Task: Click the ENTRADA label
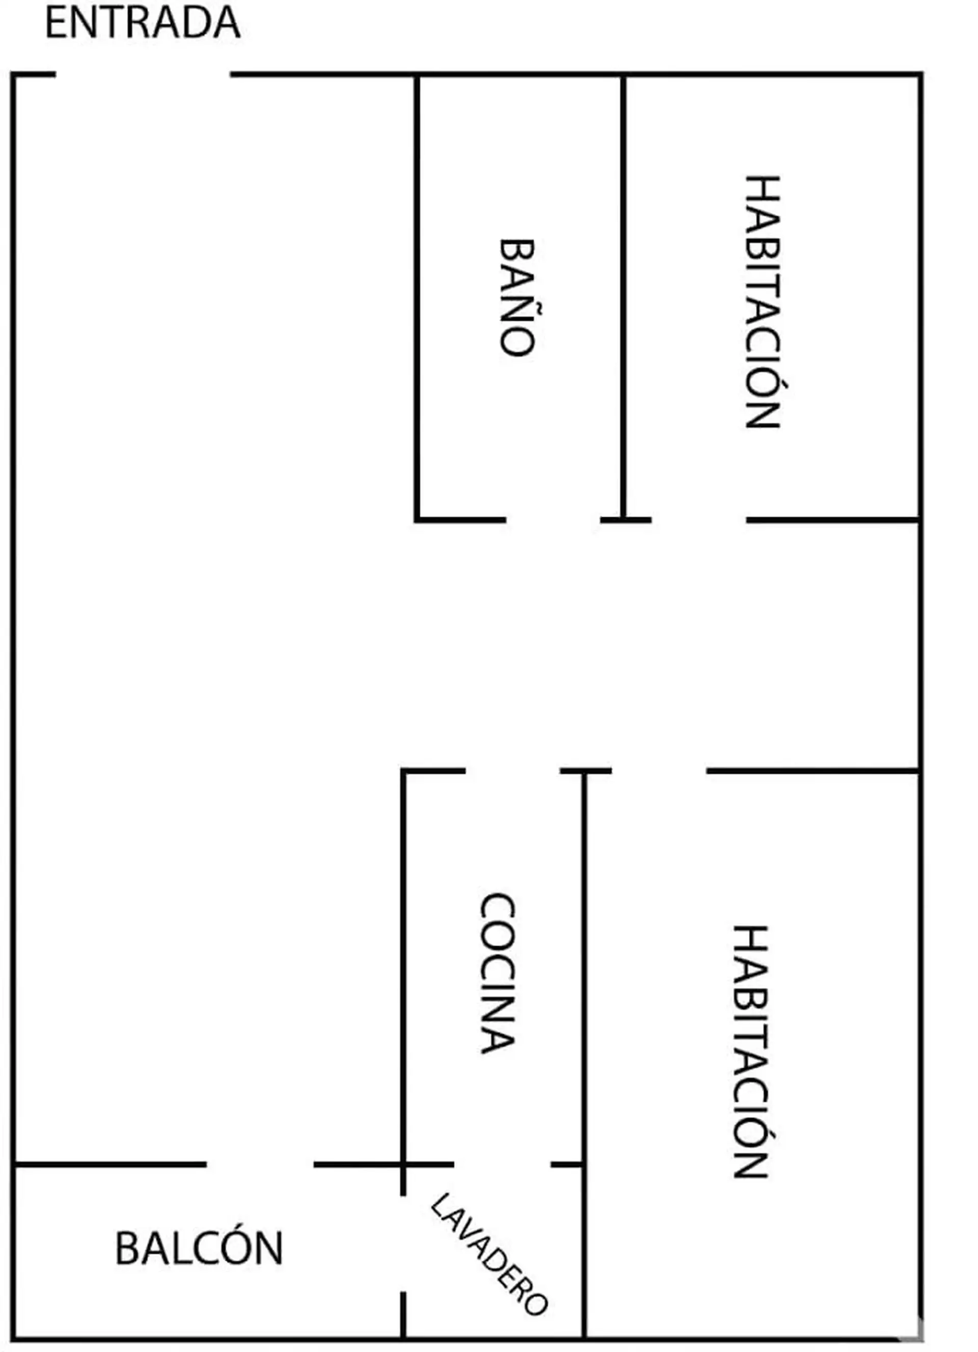(x=143, y=23)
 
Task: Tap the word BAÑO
(x=516, y=298)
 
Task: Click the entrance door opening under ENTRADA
(x=143, y=74)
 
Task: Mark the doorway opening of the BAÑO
(x=553, y=520)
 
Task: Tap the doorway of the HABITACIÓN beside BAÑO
(x=698, y=520)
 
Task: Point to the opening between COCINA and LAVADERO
(x=502, y=1164)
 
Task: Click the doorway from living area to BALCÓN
(x=260, y=1164)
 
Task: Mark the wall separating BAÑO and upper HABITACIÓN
(x=623, y=298)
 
